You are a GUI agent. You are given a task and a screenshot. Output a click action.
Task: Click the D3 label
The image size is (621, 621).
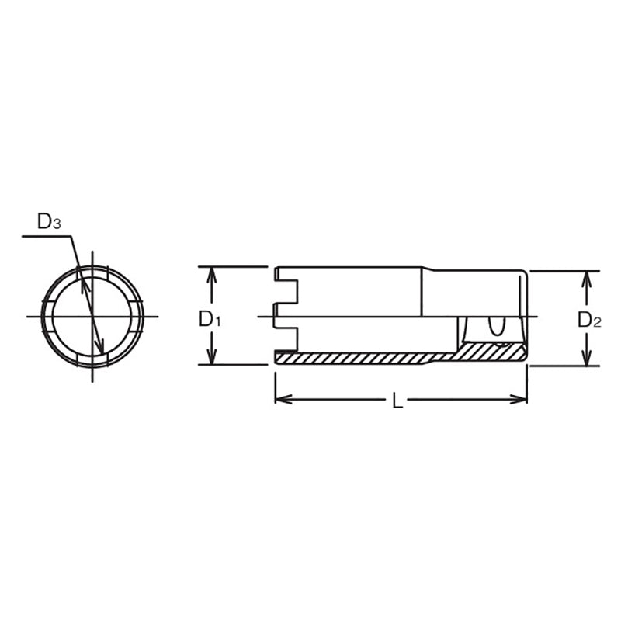(x=49, y=222)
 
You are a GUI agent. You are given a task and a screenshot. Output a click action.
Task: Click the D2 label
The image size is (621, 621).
(x=589, y=319)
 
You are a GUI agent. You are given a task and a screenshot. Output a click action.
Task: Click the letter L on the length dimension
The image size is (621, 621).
(x=397, y=401)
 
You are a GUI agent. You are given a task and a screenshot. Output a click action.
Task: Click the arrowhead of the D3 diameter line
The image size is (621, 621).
(x=100, y=345)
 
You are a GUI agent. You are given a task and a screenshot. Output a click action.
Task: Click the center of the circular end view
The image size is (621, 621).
(x=92, y=317)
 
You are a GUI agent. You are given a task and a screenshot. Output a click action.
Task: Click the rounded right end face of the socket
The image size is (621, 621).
(x=526, y=316)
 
